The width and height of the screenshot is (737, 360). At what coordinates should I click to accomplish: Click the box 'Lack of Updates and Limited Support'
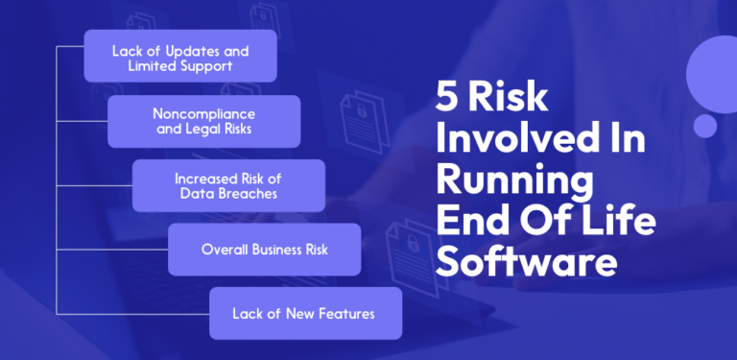pyautogui.click(x=180, y=56)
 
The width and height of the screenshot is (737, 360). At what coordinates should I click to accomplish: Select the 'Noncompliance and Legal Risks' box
pyautogui.click(x=204, y=121)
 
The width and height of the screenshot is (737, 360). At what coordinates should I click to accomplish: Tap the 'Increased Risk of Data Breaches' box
pyautogui.click(x=228, y=185)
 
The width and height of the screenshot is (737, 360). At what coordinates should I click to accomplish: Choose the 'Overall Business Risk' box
pyautogui.click(x=265, y=250)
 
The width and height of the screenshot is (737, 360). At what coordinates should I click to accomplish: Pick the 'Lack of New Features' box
pyautogui.click(x=305, y=313)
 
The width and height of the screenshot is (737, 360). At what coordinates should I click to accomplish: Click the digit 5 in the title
pyautogui.click(x=449, y=98)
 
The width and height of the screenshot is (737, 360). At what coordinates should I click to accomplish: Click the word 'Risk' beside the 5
pyautogui.click(x=516, y=98)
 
